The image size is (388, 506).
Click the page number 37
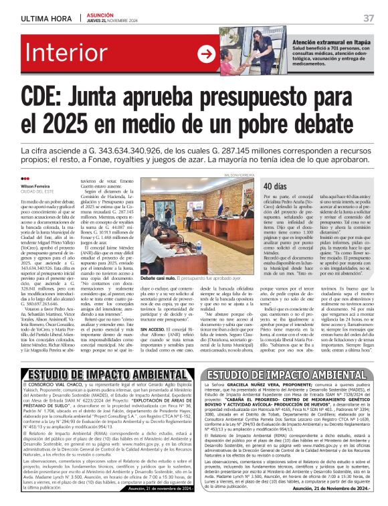(x=369, y=17)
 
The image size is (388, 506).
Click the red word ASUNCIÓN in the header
(x=101, y=14)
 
